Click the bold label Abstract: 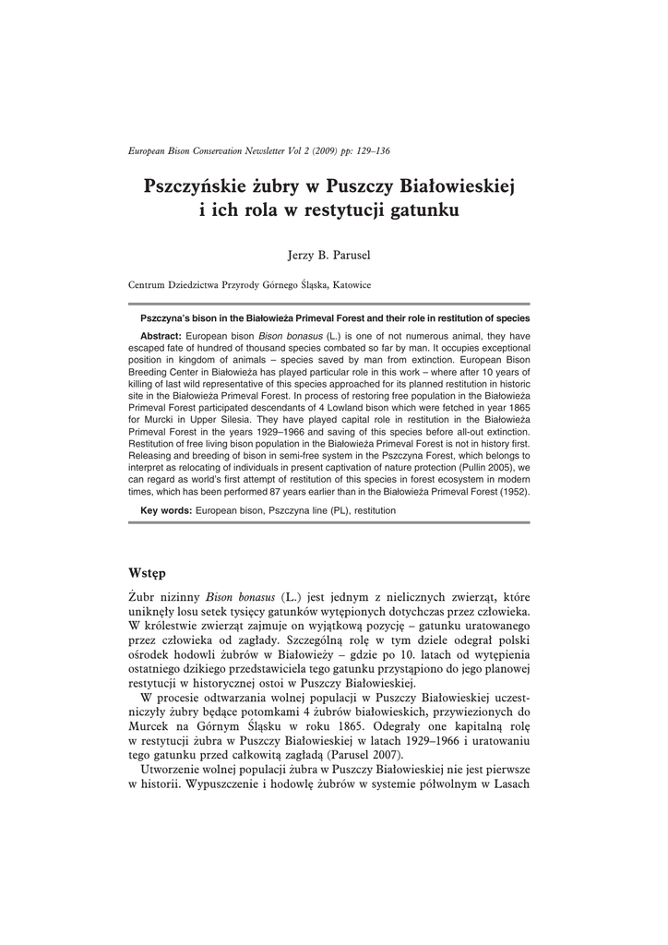(x=161, y=335)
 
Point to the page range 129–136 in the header (x=383, y=150)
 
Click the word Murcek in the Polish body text (x=147, y=724)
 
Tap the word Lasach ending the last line (x=509, y=784)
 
